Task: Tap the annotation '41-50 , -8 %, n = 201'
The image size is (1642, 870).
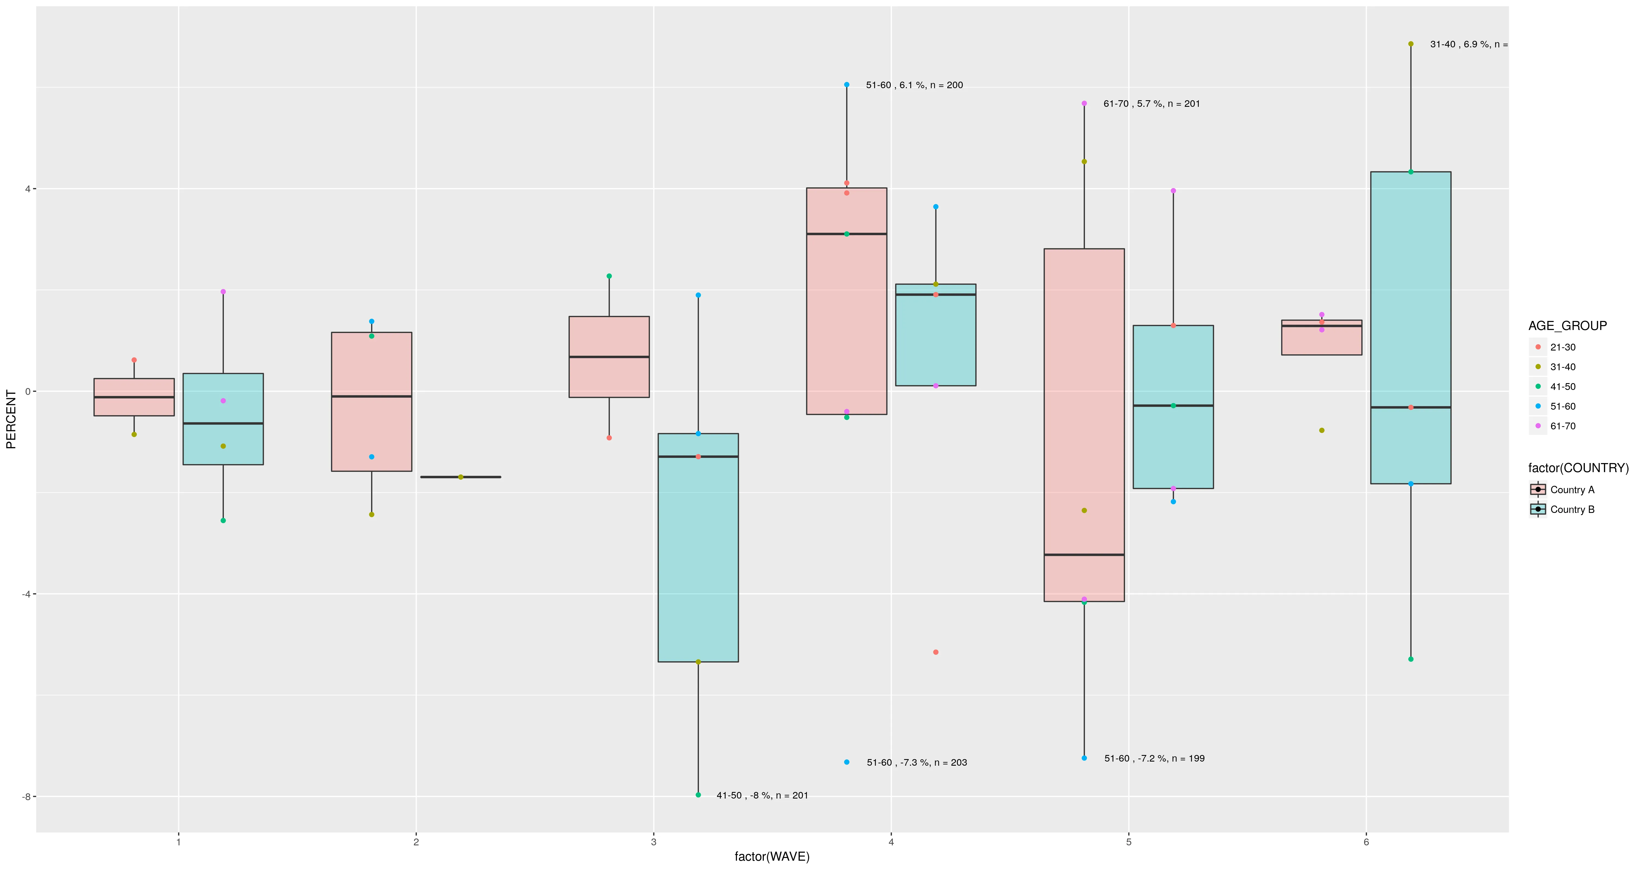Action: pyautogui.click(x=762, y=795)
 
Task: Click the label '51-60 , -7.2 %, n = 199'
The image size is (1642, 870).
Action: pyautogui.click(x=1154, y=758)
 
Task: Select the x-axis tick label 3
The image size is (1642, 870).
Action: pyautogui.click(x=653, y=842)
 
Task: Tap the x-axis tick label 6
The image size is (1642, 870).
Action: pyautogui.click(x=1366, y=842)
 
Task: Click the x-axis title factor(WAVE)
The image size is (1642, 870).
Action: pyautogui.click(x=772, y=857)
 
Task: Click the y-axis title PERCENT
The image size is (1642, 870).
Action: pyautogui.click(x=11, y=419)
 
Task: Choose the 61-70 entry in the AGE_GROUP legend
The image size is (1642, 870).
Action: pyautogui.click(x=1562, y=426)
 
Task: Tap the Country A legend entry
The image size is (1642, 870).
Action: pyautogui.click(x=1572, y=490)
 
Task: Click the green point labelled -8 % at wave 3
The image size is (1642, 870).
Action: pyautogui.click(x=698, y=795)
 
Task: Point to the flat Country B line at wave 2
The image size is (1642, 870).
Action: pyautogui.click(x=460, y=477)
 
